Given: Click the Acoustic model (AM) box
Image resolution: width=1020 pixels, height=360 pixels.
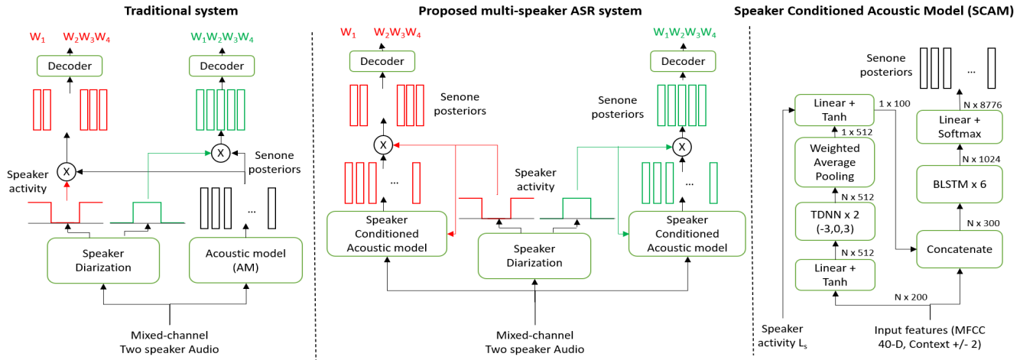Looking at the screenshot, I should coord(245,260).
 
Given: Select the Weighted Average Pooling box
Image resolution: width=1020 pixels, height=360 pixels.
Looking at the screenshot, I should coord(835,162).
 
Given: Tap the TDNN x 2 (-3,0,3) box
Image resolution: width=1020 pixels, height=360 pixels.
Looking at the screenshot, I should coord(835,221).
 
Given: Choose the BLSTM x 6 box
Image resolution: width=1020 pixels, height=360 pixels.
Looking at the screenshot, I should coord(959,184).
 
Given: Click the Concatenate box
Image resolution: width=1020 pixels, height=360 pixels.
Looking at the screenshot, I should coord(959,249).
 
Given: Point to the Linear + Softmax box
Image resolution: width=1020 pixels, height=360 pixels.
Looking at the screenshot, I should coord(959,127).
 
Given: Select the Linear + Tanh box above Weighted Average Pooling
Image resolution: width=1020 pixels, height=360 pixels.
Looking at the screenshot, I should coord(835,110).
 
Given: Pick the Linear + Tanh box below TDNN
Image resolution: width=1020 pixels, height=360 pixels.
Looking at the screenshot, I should coord(835,274).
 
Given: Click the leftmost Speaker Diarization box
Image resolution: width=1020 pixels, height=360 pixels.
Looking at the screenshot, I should coord(103,261).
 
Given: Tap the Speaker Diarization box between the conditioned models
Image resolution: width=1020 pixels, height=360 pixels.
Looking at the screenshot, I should coord(534,256).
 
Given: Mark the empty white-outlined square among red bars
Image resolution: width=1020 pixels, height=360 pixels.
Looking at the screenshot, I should coord(391,180).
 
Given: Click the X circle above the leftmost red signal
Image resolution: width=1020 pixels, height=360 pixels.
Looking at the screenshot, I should coord(67,172).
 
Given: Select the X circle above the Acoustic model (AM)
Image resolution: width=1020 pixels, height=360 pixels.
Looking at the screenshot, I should coord(220,154).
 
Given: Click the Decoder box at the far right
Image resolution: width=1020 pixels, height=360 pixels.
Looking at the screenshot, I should coord(683,61).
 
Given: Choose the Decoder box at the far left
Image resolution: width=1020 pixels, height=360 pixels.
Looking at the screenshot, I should coord(70,66).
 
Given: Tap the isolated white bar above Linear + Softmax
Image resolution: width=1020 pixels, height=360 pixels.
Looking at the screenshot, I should coord(991,68).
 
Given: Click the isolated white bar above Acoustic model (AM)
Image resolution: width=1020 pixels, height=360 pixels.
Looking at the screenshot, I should coord(271,208).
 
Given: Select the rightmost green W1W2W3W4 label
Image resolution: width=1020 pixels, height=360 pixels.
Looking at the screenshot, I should coord(684,33).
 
